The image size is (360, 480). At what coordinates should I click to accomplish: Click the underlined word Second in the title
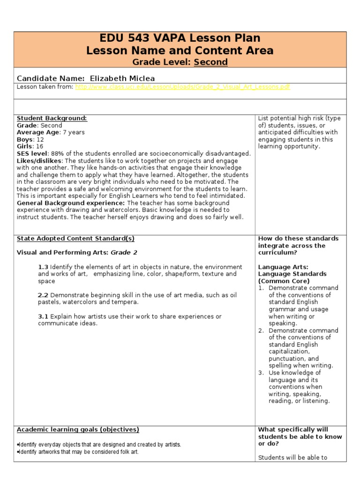point(211,62)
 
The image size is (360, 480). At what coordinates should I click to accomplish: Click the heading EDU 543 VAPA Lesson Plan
point(180,38)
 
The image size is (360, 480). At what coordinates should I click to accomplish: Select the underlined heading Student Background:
point(52,118)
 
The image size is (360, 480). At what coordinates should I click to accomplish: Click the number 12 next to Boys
point(40,140)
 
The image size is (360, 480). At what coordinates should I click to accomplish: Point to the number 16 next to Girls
point(40,147)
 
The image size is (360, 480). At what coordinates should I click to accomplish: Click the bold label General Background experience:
point(71,203)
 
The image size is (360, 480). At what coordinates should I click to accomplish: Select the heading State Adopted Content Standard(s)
point(75,239)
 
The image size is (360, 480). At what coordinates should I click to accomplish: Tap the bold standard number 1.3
point(43,267)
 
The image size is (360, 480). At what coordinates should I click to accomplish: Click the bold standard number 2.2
point(43,295)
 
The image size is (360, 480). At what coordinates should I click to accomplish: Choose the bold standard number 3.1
point(43,316)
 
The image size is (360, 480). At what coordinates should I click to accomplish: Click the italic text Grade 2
point(124,253)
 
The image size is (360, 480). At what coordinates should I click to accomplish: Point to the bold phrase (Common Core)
point(284,281)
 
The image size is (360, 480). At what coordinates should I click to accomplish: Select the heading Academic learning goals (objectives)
point(78,429)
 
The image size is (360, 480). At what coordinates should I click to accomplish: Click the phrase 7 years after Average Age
point(74,133)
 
